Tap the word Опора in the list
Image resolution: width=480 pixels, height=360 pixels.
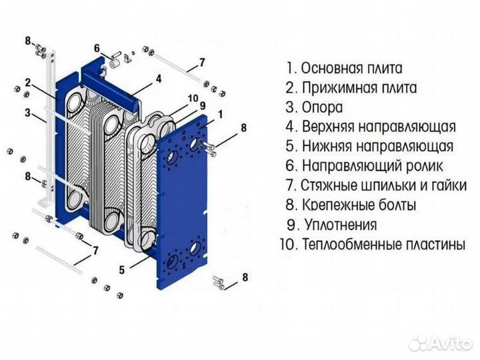pos(322,107)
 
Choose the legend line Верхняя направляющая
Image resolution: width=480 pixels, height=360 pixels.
pos(378,127)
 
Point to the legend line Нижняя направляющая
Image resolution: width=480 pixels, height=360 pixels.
pos(377,146)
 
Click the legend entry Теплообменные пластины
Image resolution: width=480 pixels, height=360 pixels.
pos(383,244)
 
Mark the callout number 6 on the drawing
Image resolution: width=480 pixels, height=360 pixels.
pos(97,48)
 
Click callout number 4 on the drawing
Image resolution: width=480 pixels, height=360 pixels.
pos(159,79)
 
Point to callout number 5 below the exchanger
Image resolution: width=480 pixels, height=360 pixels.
pos(122,270)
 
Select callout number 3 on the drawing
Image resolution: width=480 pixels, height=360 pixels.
pos(27,113)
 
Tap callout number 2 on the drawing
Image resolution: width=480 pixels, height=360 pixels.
pos(27,83)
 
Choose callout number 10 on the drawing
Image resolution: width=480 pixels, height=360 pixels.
pos(193,98)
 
